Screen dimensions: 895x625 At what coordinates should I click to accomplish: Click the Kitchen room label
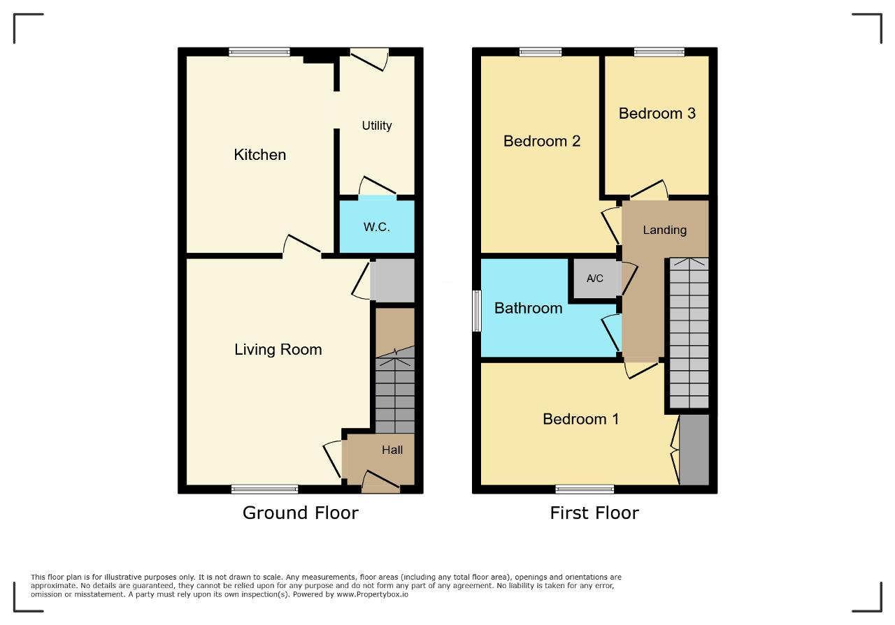tap(259, 155)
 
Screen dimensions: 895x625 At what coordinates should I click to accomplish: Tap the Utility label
tap(377, 126)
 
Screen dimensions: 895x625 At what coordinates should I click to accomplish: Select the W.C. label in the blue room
tap(376, 227)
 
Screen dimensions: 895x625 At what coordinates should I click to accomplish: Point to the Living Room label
tap(278, 350)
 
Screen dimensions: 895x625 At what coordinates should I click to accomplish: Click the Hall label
tap(392, 450)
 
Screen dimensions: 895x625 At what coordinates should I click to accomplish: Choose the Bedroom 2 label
tap(542, 141)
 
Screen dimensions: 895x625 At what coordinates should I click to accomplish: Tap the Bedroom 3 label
tap(657, 114)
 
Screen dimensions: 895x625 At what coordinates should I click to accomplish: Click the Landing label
tap(665, 230)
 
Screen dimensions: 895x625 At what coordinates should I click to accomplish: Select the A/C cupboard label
tap(594, 279)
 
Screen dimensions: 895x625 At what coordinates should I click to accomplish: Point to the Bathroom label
tap(528, 309)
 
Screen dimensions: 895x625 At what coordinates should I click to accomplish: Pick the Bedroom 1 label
tap(581, 419)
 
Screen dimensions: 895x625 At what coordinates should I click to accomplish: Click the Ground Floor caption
tap(301, 513)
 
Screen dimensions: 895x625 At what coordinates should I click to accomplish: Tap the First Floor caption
tap(594, 513)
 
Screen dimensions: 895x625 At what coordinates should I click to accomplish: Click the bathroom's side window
tap(477, 311)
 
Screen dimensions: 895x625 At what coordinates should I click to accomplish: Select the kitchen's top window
tap(259, 52)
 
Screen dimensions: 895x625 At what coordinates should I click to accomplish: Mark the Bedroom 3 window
tap(659, 52)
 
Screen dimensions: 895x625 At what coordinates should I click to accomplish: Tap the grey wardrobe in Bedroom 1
tap(694, 450)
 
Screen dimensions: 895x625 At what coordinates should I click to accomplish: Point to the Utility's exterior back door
tap(369, 59)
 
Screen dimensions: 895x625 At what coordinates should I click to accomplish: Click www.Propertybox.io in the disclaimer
tap(373, 594)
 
